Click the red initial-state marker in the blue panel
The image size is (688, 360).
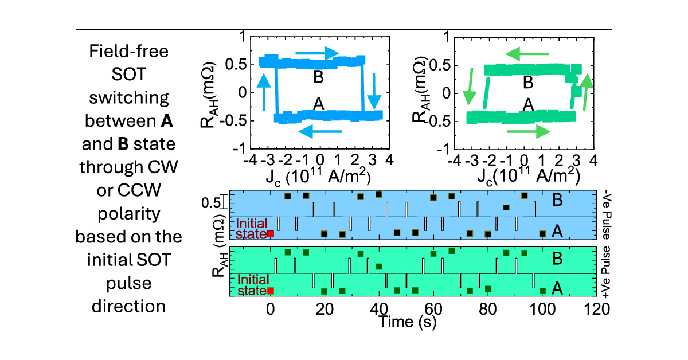pyautogui.click(x=271, y=234)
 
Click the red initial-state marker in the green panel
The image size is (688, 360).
pyautogui.click(x=271, y=291)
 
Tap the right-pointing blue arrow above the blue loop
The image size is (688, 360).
pyautogui.click(x=329, y=52)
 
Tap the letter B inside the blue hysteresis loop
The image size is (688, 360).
pyautogui.click(x=319, y=76)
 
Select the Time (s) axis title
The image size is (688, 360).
pyautogui.click(x=408, y=322)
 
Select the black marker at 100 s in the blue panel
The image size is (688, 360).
pyautogui.click(x=542, y=233)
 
